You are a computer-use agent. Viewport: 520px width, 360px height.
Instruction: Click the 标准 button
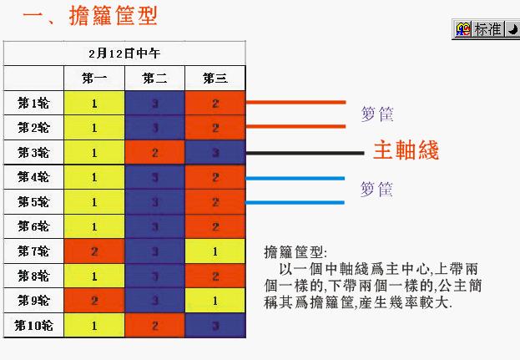486,29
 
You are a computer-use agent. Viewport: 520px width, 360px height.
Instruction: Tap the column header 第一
94,79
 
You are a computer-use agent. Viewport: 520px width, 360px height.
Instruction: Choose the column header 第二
154,79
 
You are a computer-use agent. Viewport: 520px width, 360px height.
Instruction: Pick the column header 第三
215,79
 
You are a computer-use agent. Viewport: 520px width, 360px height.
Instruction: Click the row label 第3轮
33,154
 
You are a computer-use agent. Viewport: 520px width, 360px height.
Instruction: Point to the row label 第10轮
33,325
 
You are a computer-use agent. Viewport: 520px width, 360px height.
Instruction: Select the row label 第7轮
33,251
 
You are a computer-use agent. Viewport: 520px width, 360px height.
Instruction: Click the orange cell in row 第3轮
154,154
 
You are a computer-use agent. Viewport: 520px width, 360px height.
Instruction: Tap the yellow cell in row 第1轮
94,104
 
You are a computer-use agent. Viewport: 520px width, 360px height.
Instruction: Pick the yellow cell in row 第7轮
215,251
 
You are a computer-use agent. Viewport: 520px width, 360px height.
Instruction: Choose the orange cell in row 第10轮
154,325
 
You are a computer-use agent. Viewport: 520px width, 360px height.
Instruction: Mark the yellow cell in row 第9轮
215,301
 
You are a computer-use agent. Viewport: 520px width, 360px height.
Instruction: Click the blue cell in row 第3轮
215,154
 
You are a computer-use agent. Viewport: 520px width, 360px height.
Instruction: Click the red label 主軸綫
406,150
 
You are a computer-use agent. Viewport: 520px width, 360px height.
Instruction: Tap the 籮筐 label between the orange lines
377,114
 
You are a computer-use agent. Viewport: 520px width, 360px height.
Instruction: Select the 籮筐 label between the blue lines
377,190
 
